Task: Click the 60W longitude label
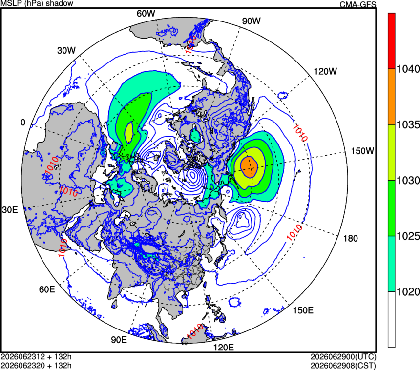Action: point(146,13)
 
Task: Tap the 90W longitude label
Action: point(251,21)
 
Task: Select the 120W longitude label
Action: point(325,71)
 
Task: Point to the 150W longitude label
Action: point(362,151)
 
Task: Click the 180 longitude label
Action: point(351,238)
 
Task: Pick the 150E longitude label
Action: point(303,310)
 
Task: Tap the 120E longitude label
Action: point(223,348)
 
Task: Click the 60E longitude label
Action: point(47,289)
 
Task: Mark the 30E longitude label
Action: point(10,210)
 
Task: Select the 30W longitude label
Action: point(66,50)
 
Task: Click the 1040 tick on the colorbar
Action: point(408,69)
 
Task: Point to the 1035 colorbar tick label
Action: point(408,125)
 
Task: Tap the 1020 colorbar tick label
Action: point(408,292)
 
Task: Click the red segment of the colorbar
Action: point(392,41)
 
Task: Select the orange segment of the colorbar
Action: point(392,97)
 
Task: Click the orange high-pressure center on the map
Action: point(249,167)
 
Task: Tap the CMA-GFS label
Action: point(357,4)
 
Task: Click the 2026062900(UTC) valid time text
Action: point(343,357)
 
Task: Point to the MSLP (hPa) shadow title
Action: point(37,3)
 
